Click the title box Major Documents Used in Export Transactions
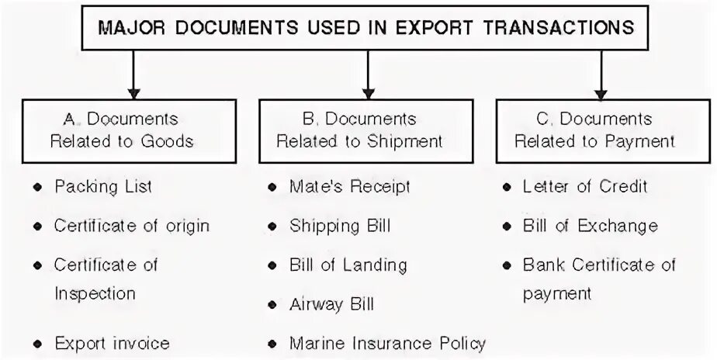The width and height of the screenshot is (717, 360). (365, 28)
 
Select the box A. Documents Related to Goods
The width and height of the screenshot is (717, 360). (121, 130)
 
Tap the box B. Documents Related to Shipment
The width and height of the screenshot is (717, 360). (359, 130)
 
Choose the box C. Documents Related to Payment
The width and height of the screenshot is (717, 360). (594, 130)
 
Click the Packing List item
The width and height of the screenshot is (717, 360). (103, 187)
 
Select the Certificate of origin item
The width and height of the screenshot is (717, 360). (132, 226)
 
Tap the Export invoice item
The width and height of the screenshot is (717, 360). (112, 342)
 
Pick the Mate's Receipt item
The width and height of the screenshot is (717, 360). (349, 187)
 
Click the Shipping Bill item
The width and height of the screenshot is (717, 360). (340, 226)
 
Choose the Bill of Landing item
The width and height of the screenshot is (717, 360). (348, 265)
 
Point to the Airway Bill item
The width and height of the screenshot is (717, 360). (331, 303)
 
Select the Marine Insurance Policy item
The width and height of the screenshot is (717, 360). (387, 342)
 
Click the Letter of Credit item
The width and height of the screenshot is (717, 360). (585, 187)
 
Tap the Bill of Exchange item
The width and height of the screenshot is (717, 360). (590, 226)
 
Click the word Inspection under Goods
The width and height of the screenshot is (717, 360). (95, 293)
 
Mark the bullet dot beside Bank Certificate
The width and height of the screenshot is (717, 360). (507, 265)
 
